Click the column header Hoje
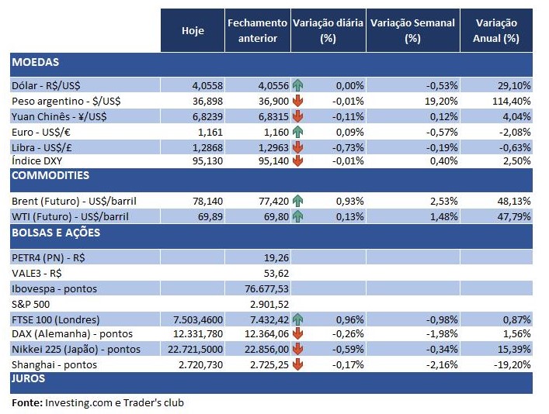193,30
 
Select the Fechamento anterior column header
257,30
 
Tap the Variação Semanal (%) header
412,30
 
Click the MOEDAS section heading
36,62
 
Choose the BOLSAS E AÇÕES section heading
56,233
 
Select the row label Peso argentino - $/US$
66,101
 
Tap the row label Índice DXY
38,160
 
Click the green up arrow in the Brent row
297,200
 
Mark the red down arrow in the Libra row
297,146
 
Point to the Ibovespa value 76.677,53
266,288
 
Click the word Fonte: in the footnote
26,403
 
